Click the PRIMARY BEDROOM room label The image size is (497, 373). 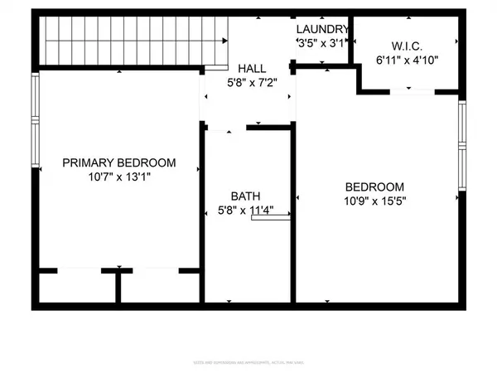click(119, 162)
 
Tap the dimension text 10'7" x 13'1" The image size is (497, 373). click(119, 177)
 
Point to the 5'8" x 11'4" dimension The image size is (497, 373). click(245, 210)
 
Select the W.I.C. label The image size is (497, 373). click(408, 46)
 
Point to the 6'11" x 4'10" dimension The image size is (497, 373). click(408, 61)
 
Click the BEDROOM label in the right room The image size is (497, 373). click(374, 186)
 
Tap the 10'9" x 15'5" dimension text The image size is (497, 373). click(374, 201)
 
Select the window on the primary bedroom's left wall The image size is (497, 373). click(35, 121)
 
